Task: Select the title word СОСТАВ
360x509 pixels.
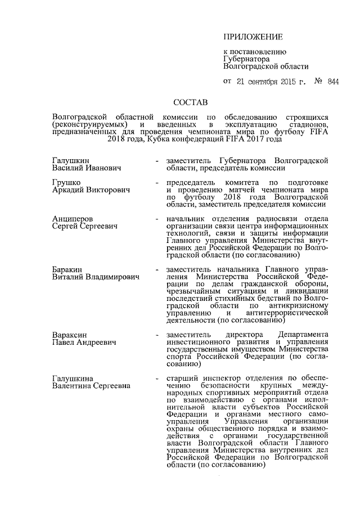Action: pos(191,103)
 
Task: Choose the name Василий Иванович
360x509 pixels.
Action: pos(87,168)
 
